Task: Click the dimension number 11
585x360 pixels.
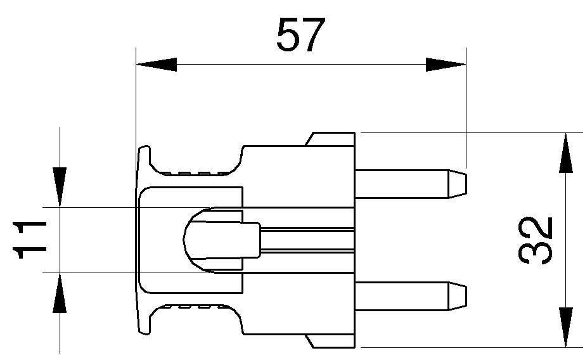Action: pos(30,240)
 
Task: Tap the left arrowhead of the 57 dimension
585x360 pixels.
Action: pos(156,64)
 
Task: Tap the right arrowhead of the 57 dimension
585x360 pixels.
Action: pos(446,64)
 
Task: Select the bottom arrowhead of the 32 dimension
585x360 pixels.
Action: pos(565,327)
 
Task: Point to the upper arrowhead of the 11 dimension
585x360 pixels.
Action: pos(60,186)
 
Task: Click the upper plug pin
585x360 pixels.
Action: pos(402,183)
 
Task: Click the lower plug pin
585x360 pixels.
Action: pos(402,297)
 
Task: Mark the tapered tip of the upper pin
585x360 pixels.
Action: pos(458,183)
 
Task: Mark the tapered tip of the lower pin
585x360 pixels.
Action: pos(458,297)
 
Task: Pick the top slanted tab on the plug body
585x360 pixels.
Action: pos(330,139)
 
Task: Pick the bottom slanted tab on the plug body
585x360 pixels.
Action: pos(330,342)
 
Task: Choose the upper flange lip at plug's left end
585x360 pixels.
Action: pos(144,158)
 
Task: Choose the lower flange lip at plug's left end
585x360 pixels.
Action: pos(144,321)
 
